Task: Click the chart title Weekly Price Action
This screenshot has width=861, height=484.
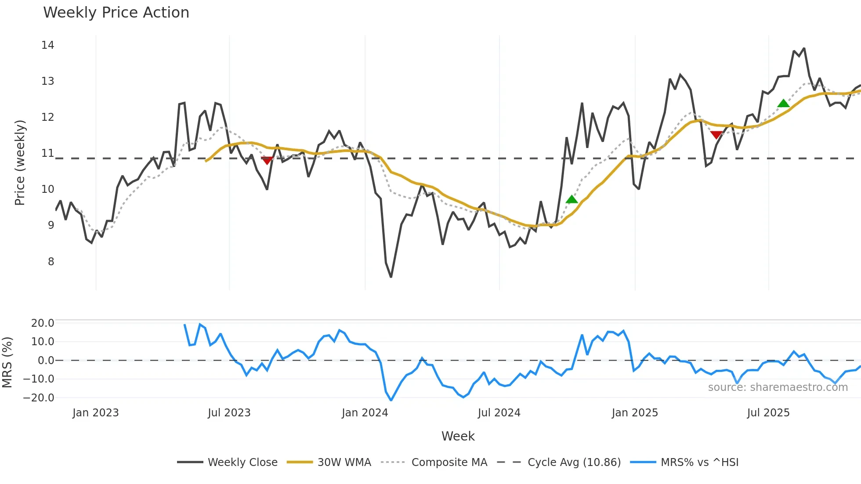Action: point(116,13)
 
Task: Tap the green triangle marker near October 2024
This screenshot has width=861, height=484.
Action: point(572,200)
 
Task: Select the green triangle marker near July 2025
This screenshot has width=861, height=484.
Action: point(783,104)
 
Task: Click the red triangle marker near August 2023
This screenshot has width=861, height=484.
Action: point(267,160)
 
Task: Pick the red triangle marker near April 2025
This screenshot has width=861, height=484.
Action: point(716,134)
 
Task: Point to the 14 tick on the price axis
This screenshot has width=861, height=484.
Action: point(47,45)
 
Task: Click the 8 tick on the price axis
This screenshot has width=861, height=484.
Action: point(51,262)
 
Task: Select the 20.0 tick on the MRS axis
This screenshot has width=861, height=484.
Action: point(43,323)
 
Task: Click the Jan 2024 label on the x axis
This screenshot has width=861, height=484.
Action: point(365,413)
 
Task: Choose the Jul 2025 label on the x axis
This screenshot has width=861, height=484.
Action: point(768,413)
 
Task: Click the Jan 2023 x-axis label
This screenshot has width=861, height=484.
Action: point(95,413)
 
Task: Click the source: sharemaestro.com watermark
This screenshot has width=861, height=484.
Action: point(778,387)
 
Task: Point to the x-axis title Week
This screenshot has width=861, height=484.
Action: point(458,436)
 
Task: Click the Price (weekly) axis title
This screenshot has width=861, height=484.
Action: point(20,163)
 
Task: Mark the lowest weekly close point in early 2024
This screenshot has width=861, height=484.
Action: point(391,277)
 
